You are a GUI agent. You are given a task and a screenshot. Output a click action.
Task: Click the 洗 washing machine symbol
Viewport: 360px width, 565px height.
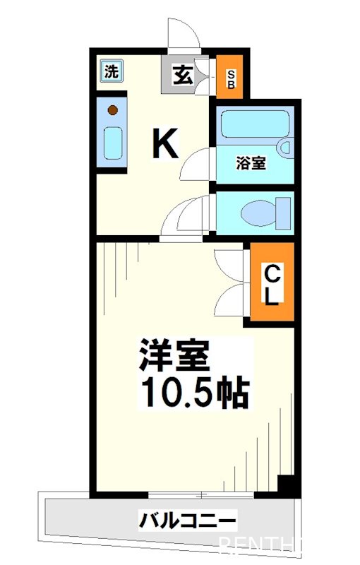coord(111,71)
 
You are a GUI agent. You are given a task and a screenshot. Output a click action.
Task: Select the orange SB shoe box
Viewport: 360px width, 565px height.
coord(230,77)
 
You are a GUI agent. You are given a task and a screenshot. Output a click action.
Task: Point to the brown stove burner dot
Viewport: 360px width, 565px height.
coord(114,109)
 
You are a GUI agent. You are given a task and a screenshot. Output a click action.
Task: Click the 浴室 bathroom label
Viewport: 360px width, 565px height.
coord(251,163)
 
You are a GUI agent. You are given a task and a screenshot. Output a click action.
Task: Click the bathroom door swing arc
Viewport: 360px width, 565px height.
coord(197,165)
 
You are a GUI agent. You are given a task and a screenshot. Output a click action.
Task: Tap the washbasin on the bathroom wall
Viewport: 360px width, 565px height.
coord(284,149)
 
